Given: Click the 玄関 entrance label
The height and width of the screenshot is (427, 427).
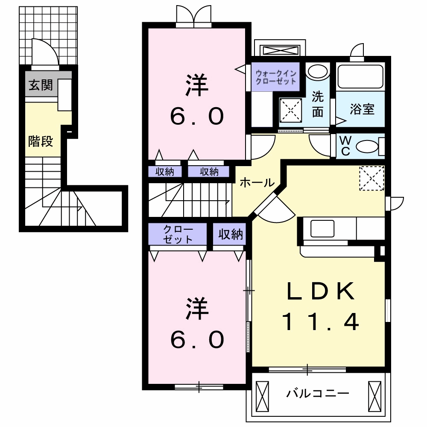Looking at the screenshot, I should point(41,85).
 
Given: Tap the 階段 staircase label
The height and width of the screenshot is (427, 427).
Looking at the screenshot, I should point(41,141).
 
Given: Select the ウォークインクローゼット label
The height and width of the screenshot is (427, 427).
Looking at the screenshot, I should point(275,77).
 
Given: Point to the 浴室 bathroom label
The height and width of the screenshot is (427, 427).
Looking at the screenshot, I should point(362,109).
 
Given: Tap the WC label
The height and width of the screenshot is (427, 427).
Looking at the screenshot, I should point(345,146).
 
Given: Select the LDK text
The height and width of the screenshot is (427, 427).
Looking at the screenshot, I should point(321,292).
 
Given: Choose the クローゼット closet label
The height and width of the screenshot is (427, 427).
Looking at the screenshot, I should point(178,234).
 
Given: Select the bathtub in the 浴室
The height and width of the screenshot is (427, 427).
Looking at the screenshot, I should point(361,77).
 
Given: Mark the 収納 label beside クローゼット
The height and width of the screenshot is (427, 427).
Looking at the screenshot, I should point(231,234).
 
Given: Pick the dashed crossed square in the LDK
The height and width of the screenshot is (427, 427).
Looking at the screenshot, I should point(371,178).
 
